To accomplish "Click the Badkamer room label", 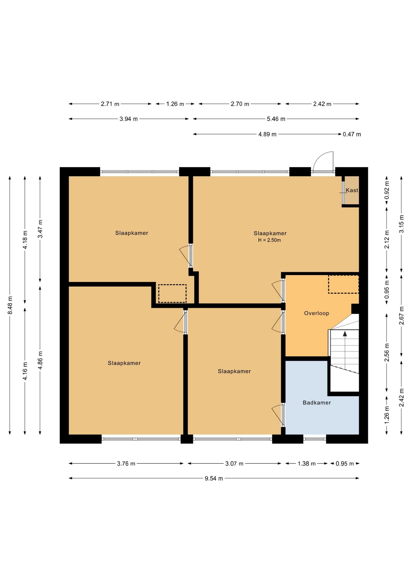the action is click(317, 403).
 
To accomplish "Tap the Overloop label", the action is click(317, 313).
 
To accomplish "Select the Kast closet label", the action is click(352, 190).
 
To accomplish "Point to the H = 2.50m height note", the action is click(269, 240).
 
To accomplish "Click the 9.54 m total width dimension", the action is click(214, 478).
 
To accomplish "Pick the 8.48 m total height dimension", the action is click(10, 305).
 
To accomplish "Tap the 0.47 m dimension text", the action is click(352, 134).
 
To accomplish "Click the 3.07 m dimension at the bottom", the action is click(234, 463).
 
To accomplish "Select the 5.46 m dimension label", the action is click(276, 119).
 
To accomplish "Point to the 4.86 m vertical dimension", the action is click(40, 360).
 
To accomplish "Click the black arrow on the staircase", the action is click(345, 334).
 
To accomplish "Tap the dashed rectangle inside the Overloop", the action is click(344, 284).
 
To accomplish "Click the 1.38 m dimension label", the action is click(307, 463).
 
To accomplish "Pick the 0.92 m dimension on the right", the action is click(387, 190).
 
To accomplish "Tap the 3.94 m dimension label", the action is click(129, 119).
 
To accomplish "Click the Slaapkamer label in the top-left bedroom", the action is click(132, 233).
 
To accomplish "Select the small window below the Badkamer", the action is click(315, 439).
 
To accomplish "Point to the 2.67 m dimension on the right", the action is click(402, 316).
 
